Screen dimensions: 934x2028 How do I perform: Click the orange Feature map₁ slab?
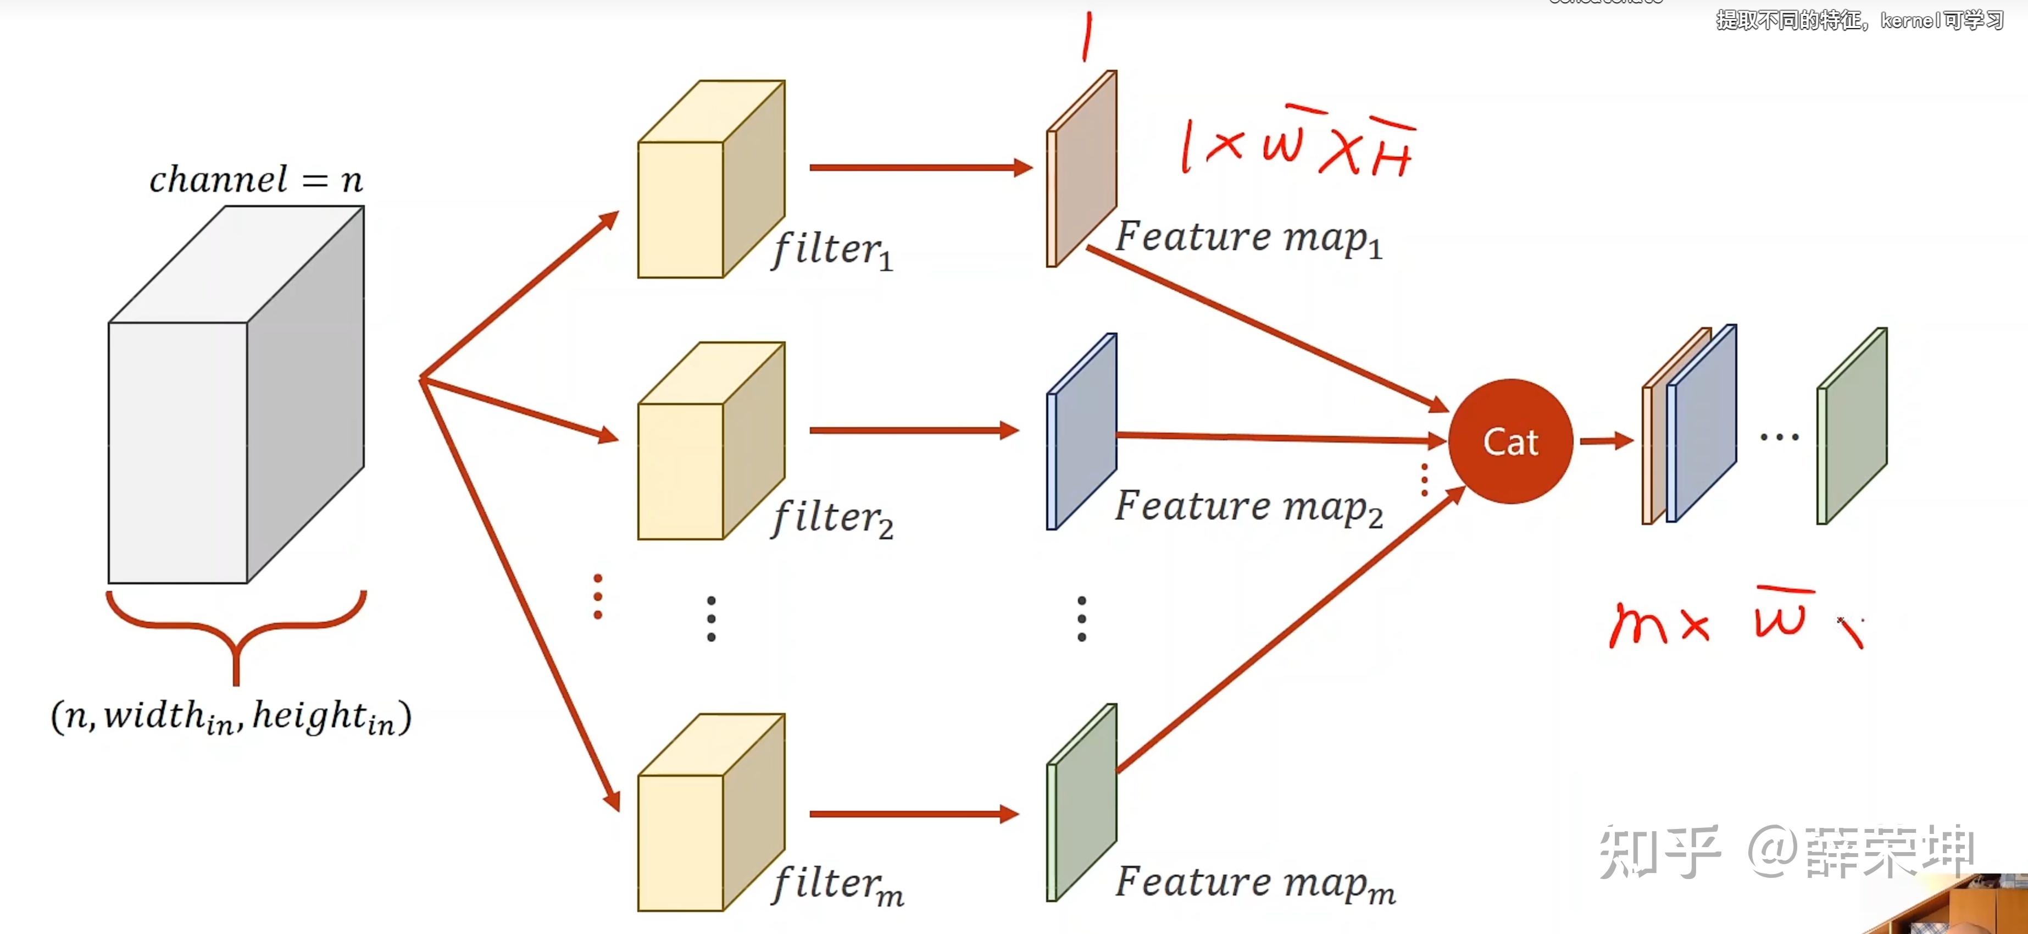[x=1081, y=169]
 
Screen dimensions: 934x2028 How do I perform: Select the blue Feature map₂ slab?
[x=1081, y=432]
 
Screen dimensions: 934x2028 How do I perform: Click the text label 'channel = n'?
[x=256, y=180]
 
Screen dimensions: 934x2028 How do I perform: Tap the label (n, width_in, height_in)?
[x=231, y=717]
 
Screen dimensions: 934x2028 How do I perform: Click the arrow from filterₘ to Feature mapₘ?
[x=913, y=814]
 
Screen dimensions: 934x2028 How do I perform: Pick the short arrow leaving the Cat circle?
[x=1606, y=440]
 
